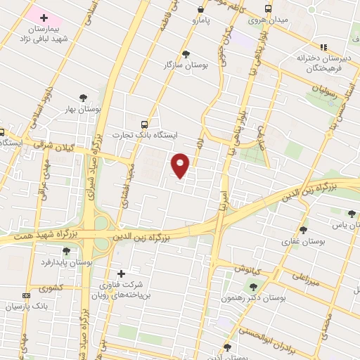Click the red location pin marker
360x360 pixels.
tap(181, 165)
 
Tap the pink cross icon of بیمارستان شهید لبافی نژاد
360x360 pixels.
tap(44, 17)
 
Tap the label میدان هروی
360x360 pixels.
tap(268, 20)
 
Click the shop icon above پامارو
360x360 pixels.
tap(202, 10)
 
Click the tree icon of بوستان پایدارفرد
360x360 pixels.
tap(66, 250)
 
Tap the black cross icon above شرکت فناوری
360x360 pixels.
tap(121, 274)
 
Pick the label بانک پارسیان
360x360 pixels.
tap(25, 307)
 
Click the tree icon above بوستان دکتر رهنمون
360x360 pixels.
tap(253, 286)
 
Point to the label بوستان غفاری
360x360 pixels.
tap(304, 240)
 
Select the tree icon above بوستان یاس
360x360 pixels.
tap(352, 213)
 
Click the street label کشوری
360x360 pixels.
tap(51, 288)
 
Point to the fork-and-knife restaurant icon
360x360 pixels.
tap(323, 46)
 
